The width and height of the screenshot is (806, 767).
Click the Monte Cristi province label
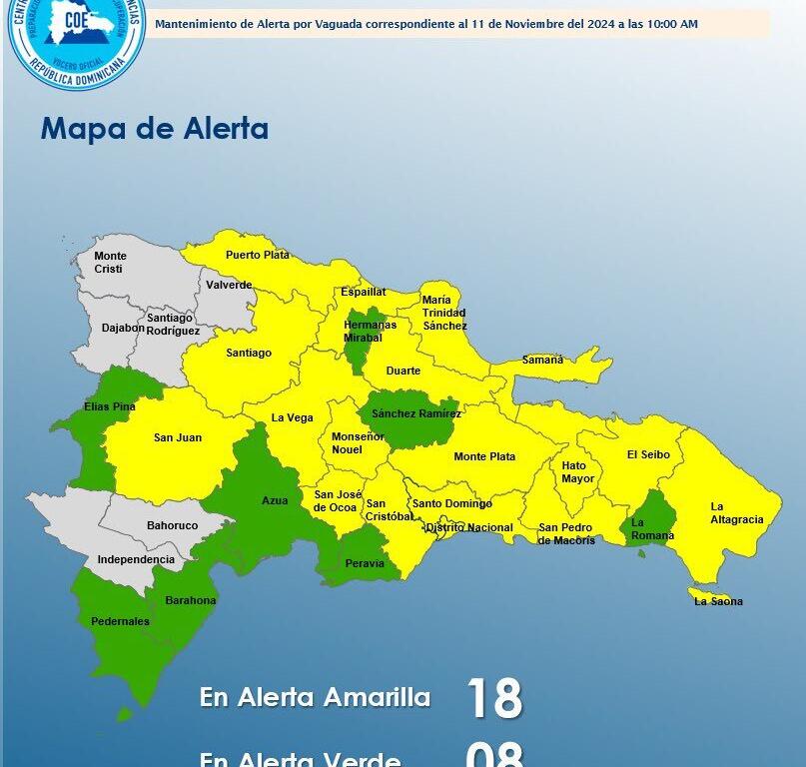(x=110, y=263)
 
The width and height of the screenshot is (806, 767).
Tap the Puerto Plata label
(x=257, y=255)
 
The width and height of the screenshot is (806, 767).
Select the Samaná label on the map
(x=542, y=360)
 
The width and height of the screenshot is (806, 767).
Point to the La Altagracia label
(x=737, y=512)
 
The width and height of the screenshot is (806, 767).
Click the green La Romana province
(x=652, y=521)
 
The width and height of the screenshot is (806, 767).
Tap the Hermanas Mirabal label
(x=370, y=332)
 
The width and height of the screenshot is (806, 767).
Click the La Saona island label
(x=718, y=601)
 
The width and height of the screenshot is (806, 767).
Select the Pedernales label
(x=120, y=621)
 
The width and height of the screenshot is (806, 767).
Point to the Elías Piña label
(x=110, y=406)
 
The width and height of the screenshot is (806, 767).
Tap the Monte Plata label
(x=484, y=456)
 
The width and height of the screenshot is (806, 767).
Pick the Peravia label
(x=365, y=563)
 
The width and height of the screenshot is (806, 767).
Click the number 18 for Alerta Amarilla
(x=494, y=697)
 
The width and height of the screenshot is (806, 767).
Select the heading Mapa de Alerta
(x=154, y=129)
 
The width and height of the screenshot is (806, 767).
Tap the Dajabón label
(x=123, y=328)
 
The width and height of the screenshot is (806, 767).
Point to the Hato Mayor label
(x=577, y=472)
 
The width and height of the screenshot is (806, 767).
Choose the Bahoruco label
(x=172, y=525)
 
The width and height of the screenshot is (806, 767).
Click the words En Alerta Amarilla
(x=315, y=697)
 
